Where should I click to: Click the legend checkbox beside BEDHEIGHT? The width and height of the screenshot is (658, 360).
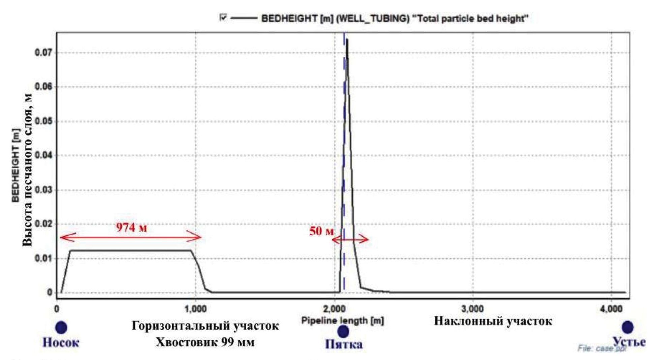pyautogui.click(x=223, y=17)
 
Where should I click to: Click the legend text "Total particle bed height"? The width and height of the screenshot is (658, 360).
pyautogui.click(x=470, y=19)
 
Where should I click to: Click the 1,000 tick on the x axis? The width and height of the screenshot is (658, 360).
pyautogui.click(x=196, y=309)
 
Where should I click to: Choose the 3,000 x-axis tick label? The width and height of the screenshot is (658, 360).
pyautogui.click(x=473, y=309)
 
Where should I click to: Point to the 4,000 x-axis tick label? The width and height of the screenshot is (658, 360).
pyautogui.click(x=610, y=309)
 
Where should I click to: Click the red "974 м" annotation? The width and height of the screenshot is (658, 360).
pyautogui.click(x=132, y=228)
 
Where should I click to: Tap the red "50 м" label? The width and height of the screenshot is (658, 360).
pyautogui.click(x=321, y=231)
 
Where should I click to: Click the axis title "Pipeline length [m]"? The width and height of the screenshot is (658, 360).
pyautogui.click(x=342, y=321)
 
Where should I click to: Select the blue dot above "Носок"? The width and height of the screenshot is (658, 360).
pyautogui.click(x=61, y=327)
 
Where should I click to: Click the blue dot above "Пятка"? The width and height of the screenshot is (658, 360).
pyautogui.click(x=343, y=331)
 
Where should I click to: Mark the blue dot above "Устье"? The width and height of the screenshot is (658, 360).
pyautogui.click(x=627, y=327)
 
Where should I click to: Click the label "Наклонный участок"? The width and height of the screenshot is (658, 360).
pyautogui.click(x=493, y=321)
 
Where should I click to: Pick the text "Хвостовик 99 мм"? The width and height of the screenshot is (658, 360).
pyautogui.click(x=205, y=342)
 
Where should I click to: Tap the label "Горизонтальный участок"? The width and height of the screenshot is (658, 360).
pyautogui.click(x=205, y=326)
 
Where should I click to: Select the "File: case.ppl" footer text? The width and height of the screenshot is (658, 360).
pyautogui.click(x=602, y=349)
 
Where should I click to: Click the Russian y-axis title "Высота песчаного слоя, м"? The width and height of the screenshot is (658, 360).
pyautogui.click(x=28, y=170)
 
